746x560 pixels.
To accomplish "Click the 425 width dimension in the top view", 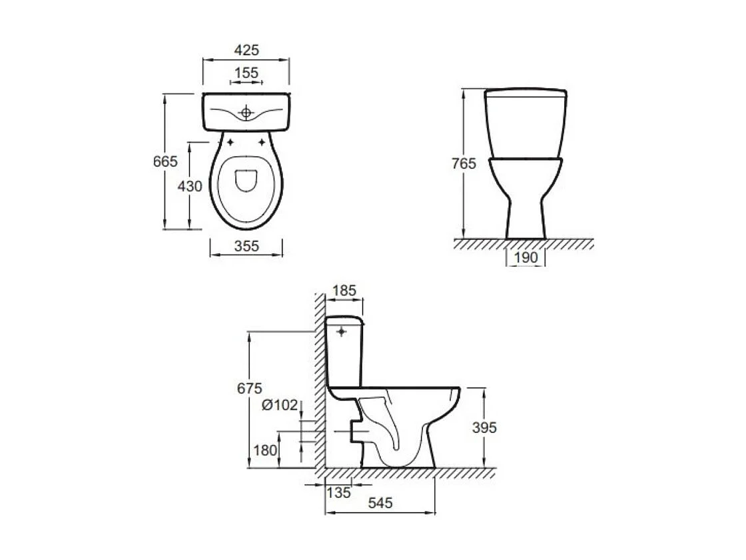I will pos(246,50).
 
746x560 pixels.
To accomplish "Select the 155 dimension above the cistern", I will pos(246,73).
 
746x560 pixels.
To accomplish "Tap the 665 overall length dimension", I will pos(165,161).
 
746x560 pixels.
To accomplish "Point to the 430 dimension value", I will pos(190,187).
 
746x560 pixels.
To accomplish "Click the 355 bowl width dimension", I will pos(246,247).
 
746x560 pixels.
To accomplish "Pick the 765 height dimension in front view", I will pos(464,163).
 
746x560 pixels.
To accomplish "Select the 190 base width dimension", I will pos(526,258).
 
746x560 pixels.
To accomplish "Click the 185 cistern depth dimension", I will pos(344,291).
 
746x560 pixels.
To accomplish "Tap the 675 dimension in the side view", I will pos(249,388).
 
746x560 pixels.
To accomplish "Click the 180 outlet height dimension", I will pos(265,450).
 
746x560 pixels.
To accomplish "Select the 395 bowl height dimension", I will pos(484,427).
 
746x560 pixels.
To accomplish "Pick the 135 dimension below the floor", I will pos(339,493).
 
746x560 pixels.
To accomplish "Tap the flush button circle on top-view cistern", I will pos(246,113).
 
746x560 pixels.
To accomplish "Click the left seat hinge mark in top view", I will pos(230,142).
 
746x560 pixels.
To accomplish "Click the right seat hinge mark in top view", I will pos(262,142).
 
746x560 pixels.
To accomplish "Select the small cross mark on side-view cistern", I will pos(343,331).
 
